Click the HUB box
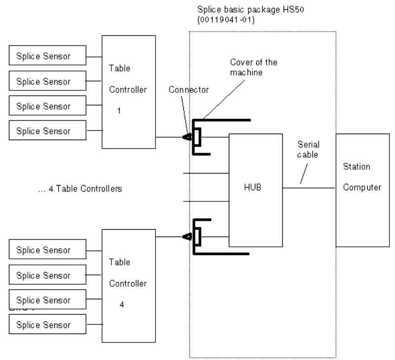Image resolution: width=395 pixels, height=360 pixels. pyautogui.click(x=256, y=190)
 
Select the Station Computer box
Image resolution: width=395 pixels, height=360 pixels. pyautogui.click(x=362, y=190)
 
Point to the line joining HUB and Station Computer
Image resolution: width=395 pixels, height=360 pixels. pyautogui.click(x=309, y=188)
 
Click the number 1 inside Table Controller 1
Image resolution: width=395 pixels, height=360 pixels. pyautogui.click(x=119, y=111)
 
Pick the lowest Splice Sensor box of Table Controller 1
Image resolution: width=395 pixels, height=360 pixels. pyautogui.click(x=47, y=130)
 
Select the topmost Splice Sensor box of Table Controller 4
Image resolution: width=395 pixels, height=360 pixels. pyautogui.click(x=47, y=251)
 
